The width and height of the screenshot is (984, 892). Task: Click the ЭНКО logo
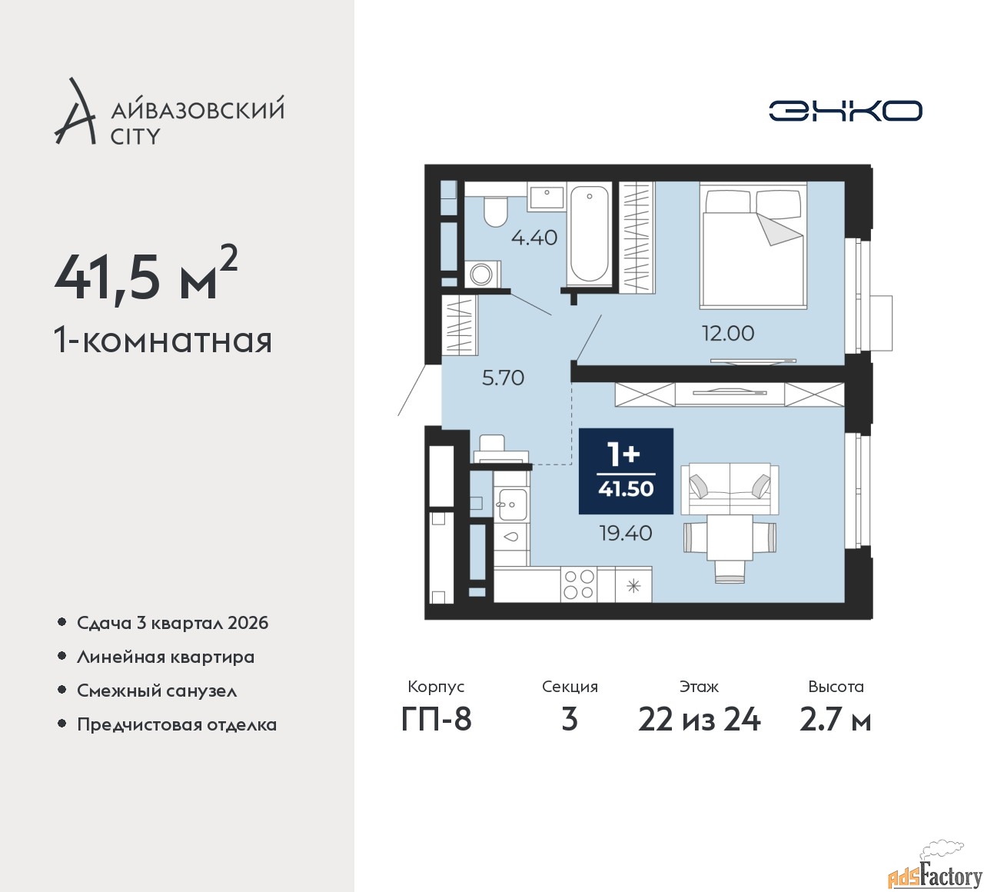coord(845,111)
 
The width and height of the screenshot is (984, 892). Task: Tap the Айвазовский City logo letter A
coord(75,113)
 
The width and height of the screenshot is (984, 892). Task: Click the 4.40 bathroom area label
coord(534,238)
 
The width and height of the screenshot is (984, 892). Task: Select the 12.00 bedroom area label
coord(727,333)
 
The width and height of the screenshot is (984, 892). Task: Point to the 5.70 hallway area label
coord(503,378)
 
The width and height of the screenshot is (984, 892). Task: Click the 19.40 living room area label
coord(626,533)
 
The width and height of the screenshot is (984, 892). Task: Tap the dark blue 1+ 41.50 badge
coord(626,471)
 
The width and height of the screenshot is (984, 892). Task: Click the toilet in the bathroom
coord(495,210)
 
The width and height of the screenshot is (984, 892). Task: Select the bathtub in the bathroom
coord(590,233)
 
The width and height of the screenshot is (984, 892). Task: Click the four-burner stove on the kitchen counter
coord(579,584)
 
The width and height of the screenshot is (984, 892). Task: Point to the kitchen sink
coord(510,504)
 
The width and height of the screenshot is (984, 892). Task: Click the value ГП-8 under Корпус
coord(436,719)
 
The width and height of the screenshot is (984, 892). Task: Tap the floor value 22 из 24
coord(699,719)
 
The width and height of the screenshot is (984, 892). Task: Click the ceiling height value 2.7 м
coord(835,719)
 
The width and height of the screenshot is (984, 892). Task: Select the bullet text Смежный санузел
coord(157,691)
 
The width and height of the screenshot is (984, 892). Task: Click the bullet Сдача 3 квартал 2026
coord(172,623)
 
